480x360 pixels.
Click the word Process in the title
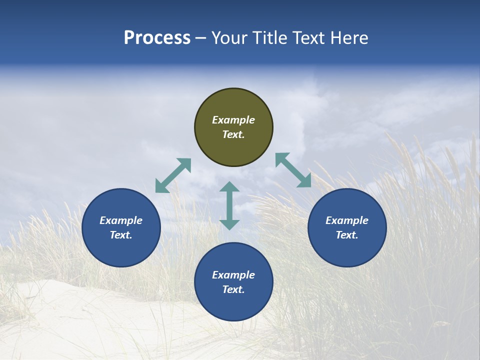(157, 38)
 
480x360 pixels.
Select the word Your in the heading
(230, 38)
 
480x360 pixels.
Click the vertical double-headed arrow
(229, 205)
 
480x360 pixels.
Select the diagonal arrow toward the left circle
(173, 175)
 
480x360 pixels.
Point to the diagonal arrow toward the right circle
(293, 170)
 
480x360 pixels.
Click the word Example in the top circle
(233, 120)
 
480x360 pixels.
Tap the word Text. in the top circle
(233, 134)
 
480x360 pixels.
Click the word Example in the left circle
(121, 220)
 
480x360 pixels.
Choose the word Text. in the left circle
(121, 235)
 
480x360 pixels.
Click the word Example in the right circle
(347, 220)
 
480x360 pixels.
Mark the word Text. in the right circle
(347, 235)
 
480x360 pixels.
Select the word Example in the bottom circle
(233, 275)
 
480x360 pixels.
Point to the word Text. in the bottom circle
(233, 289)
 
